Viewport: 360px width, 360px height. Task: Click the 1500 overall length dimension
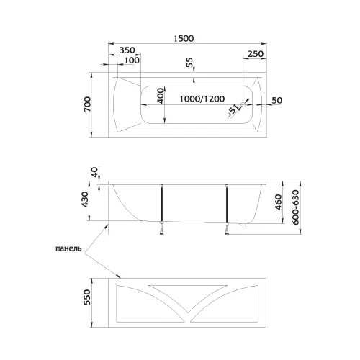click(184, 38)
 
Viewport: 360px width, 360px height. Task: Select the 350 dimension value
click(127, 50)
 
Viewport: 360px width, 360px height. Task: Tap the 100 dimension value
click(132, 60)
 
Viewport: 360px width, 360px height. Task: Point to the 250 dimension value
click(256, 54)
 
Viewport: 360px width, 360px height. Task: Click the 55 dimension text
click(189, 63)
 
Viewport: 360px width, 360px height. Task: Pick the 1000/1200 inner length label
click(202, 99)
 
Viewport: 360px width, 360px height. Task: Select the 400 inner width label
click(161, 96)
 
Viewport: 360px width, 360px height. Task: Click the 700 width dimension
click(88, 104)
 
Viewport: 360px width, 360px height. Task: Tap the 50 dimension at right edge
click(277, 100)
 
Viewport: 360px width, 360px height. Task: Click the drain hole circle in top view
click(243, 104)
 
